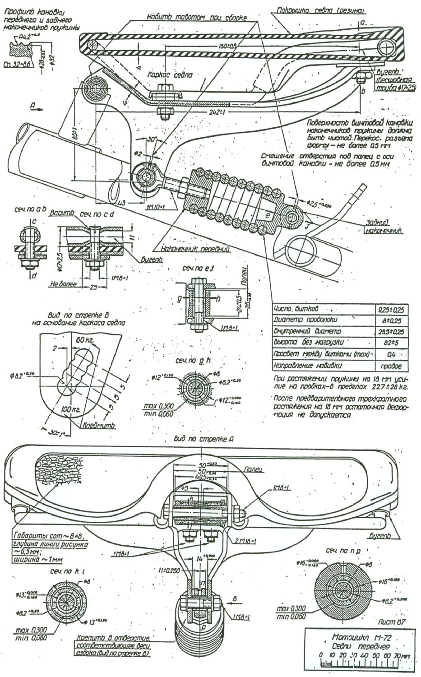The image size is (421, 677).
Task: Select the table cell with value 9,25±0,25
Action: [x=392, y=310]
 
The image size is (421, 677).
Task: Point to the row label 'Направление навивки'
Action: [x=307, y=365]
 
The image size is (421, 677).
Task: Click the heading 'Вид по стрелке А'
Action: [x=203, y=439]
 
